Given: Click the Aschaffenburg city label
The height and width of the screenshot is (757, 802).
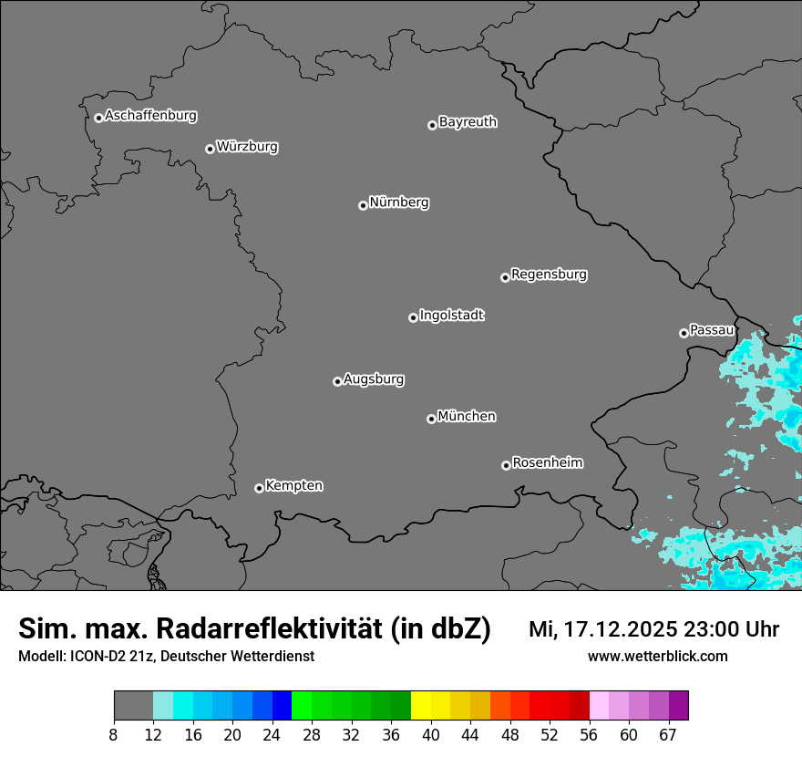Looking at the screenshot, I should pos(150,116).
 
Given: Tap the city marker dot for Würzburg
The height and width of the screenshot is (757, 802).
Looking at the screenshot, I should pos(210,149).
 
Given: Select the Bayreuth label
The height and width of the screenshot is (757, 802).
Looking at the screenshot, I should pos(468,121).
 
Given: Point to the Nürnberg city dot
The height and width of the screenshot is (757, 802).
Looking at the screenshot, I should pos(363,205).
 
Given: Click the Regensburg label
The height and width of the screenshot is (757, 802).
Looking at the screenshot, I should pos(549,274).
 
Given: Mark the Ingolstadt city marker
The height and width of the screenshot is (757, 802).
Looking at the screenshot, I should pos(413,317).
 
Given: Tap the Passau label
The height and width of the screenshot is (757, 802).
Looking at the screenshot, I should pos(712,329).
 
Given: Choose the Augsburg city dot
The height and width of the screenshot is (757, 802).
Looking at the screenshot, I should pos(337,381).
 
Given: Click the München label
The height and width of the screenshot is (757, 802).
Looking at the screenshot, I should pos(467,416).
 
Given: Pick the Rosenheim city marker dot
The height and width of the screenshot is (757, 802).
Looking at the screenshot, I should pos(506,465).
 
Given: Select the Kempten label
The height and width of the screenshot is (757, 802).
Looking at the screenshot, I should pos(293,485).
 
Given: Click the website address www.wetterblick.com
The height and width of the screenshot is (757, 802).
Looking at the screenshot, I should pos(657,656).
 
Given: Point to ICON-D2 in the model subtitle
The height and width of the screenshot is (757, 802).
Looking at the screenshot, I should pos(98,656).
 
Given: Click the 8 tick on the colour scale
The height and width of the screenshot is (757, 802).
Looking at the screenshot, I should pos(114,735).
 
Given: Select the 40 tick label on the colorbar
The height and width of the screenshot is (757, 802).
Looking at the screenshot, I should pos(431,735).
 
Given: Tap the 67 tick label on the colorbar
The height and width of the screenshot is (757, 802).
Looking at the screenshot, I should pos(668,735).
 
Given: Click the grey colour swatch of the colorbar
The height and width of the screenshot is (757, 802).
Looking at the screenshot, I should pos(133,706).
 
